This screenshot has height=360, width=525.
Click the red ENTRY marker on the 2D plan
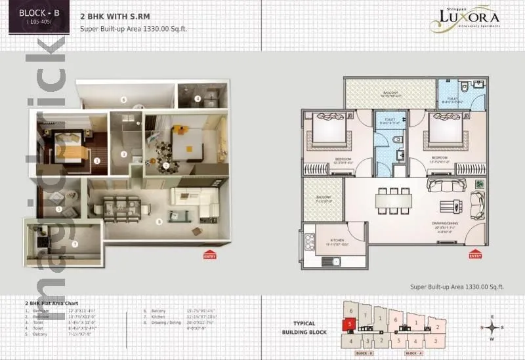(x=476, y=254)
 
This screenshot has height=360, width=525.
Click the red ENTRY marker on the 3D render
(x=209, y=254)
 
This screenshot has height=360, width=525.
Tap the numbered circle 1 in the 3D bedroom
(x=96, y=159)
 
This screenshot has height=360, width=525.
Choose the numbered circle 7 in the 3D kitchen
(x=75, y=244)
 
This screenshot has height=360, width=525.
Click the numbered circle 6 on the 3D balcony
(x=123, y=100)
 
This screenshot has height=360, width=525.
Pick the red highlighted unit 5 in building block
(x=350, y=323)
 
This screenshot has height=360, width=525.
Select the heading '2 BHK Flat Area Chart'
(x=52, y=304)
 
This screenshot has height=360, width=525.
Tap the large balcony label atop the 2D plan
(x=390, y=94)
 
